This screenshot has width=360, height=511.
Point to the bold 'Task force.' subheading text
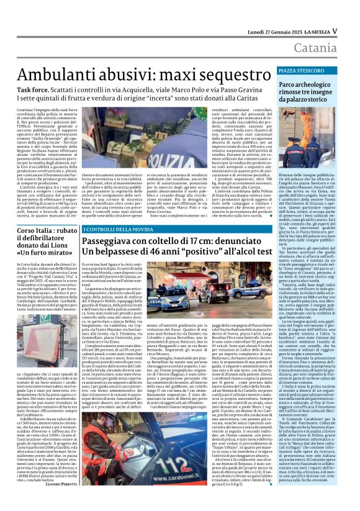35,89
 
